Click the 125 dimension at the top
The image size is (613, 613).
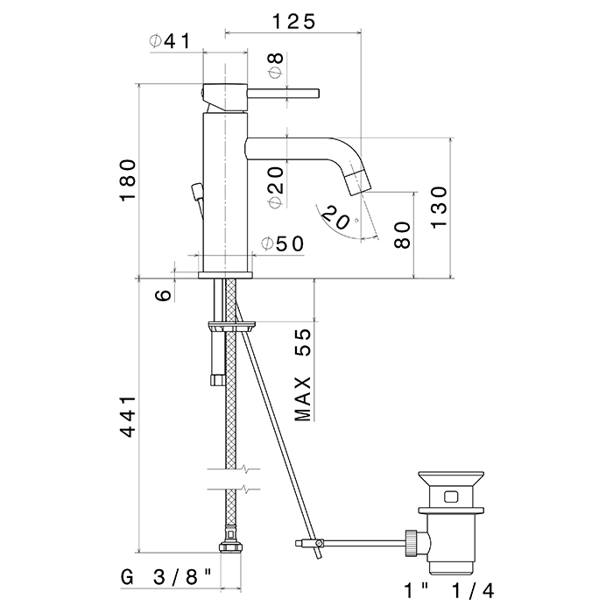point(293,22)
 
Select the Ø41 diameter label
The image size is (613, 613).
point(170,40)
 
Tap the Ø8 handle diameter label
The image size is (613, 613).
point(276,66)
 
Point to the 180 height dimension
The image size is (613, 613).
point(128,180)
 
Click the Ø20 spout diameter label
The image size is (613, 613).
point(276,187)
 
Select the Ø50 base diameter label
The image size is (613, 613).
point(282,244)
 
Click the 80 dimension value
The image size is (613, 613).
point(402,235)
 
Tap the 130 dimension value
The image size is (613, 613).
point(439,208)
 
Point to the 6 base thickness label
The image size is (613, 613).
point(164,295)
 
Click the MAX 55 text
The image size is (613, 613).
point(303,375)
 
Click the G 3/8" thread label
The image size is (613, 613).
point(166,577)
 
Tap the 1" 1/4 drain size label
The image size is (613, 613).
point(449,591)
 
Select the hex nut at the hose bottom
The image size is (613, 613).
point(230,546)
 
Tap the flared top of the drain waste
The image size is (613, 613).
point(451,478)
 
